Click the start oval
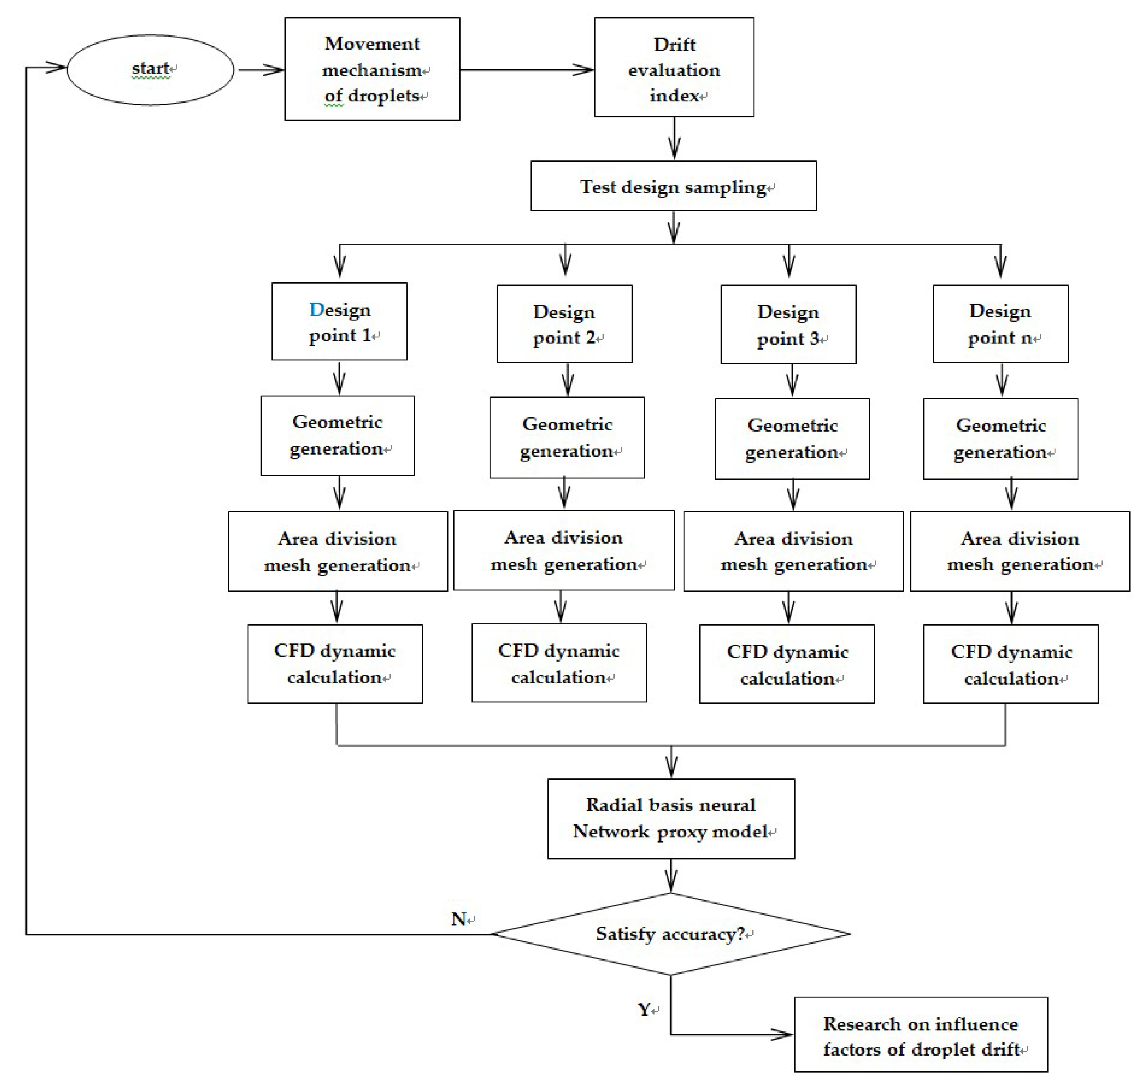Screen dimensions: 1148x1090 pos(151,70)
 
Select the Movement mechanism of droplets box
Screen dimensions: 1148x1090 pos(372,69)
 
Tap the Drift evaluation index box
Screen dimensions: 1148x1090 pos(674,67)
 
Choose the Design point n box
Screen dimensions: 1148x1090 pos(1000,323)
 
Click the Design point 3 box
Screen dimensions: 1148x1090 pos(788,324)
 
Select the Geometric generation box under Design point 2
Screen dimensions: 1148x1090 pos(567,438)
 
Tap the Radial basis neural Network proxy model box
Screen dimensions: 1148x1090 pos(671,819)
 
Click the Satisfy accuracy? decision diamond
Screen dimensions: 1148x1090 pos(671,934)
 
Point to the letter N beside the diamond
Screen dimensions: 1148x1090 pos(459,919)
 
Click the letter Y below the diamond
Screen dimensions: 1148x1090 pos(644,1009)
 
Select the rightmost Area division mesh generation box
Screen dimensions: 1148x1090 pos(1019,551)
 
